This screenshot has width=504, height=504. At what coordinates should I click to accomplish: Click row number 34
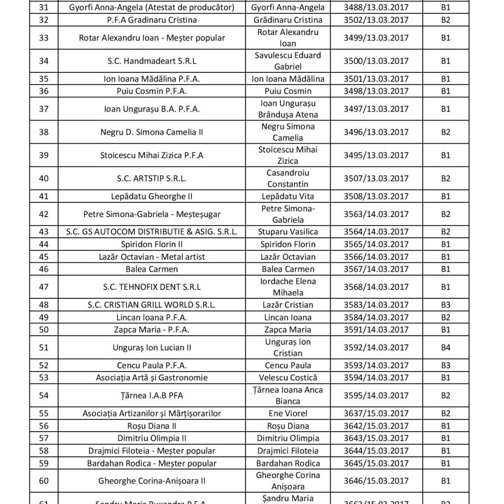pyautogui.click(x=43, y=61)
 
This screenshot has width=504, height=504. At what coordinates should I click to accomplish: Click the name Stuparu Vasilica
pyautogui.click(x=288, y=232)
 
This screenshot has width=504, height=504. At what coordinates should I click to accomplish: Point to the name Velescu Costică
pyautogui.click(x=288, y=378)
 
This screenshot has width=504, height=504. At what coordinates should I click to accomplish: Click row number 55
pyautogui.click(x=43, y=414)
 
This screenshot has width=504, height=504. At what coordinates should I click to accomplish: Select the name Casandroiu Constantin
pyautogui.click(x=288, y=178)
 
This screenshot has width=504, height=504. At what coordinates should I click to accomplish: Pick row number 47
pyautogui.click(x=43, y=287)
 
